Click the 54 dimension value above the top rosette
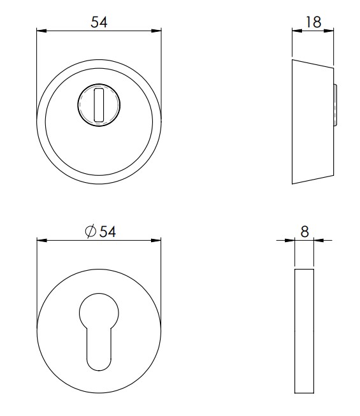tap(98, 22)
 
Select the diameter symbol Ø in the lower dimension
tap(90, 233)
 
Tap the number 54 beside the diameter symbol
tap(108, 233)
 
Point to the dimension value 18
tap(313, 22)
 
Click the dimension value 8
tap(305, 232)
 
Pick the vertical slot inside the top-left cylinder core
tap(97, 105)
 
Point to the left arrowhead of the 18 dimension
tap(295, 30)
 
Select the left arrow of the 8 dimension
tap(291, 241)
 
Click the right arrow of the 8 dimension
tap(319, 241)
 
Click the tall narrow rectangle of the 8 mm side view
tap(305, 331)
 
